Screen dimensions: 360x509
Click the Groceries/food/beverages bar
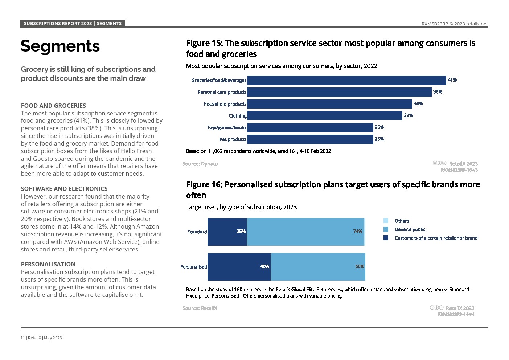(346, 80)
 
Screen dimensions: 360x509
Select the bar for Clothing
(325, 116)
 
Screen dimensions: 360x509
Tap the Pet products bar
(310, 139)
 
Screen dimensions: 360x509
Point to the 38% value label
(438, 92)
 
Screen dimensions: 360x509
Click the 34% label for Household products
(418, 104)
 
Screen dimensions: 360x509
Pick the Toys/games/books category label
(226, 128)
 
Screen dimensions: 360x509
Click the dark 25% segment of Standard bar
(227, 232)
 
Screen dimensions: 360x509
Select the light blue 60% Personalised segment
(318, 267)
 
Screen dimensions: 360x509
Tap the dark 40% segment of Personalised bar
(239, 267)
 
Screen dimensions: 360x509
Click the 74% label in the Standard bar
(358, 232)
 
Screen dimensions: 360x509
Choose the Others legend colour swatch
(386, 221)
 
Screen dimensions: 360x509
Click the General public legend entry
(410, 230)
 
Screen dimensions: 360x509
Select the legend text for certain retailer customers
(436, 238)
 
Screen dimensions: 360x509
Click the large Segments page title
(60, 46)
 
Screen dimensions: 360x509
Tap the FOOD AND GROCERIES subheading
(53, 106)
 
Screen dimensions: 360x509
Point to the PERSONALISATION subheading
(48, 265)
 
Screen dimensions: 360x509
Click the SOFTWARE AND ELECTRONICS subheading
(64, 189)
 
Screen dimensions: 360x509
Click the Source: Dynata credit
(200, 164)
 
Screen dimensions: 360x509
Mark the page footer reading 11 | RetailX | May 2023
(41, 338)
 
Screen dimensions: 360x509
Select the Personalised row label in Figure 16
(193, 267)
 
